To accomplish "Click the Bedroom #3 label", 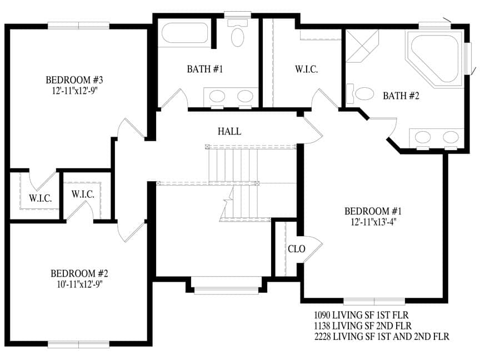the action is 74,80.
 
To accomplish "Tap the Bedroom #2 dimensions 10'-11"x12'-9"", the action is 79,284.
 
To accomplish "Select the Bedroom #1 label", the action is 373,211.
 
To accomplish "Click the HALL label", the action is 229,131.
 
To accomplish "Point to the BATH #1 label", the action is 205,69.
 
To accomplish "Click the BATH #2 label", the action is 401,96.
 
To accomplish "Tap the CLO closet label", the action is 296,249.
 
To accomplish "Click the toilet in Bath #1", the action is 238,33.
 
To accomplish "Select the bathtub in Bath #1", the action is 184,33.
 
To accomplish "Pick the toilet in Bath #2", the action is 360,94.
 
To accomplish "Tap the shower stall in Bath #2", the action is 362,46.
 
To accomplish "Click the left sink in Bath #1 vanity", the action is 217,97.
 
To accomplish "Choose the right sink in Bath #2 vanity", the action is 451,137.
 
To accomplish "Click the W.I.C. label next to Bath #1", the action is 306,69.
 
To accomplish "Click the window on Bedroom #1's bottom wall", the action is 374,301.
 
